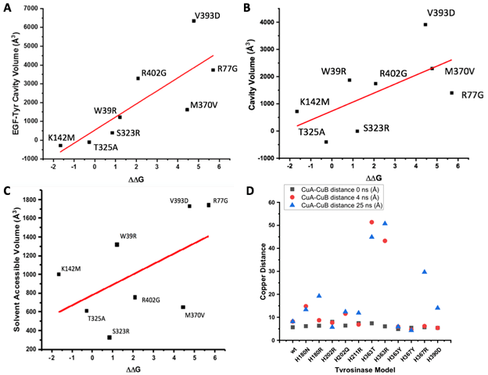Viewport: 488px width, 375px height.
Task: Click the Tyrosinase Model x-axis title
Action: [365, 369]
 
